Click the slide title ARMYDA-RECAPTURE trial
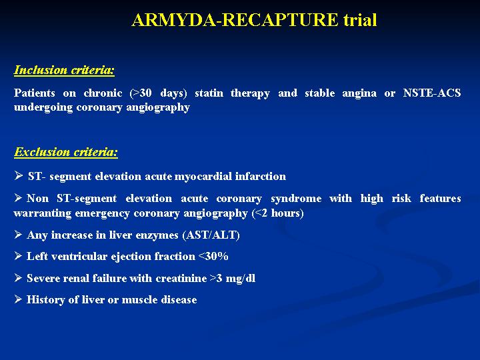point(254,20)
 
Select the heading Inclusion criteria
point(64,70)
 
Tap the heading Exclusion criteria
point(66,152)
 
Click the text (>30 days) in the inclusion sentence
point(158,93)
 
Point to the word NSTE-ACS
point(432,93)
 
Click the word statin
point(209,93)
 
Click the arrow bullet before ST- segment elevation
point(19,175)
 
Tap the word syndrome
point(296,199)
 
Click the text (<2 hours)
point(277,213)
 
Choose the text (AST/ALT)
point(211,235)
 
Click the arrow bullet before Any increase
point(19,235)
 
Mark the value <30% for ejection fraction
point(214,256)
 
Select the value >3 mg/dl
point(233,279)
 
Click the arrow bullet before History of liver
point(19,299)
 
